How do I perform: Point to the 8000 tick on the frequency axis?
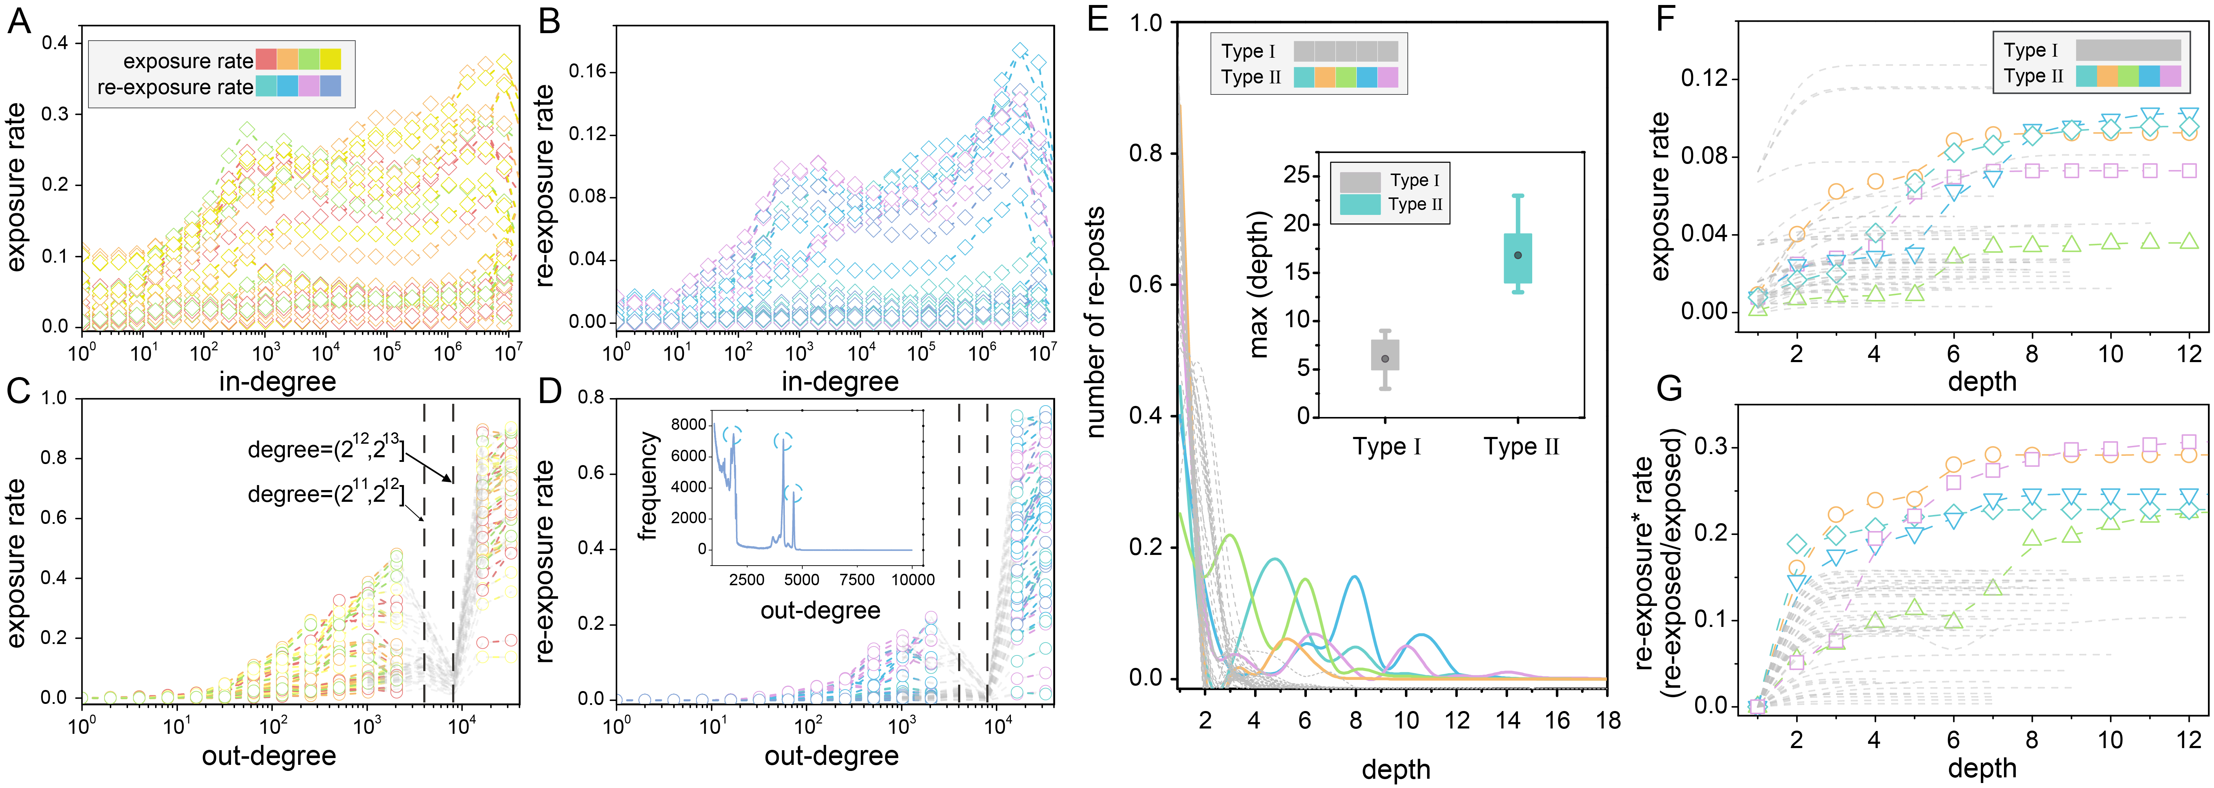click(689, 424)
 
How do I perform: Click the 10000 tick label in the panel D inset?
click(912, 579)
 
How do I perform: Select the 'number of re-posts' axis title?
click(1096, 322)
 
